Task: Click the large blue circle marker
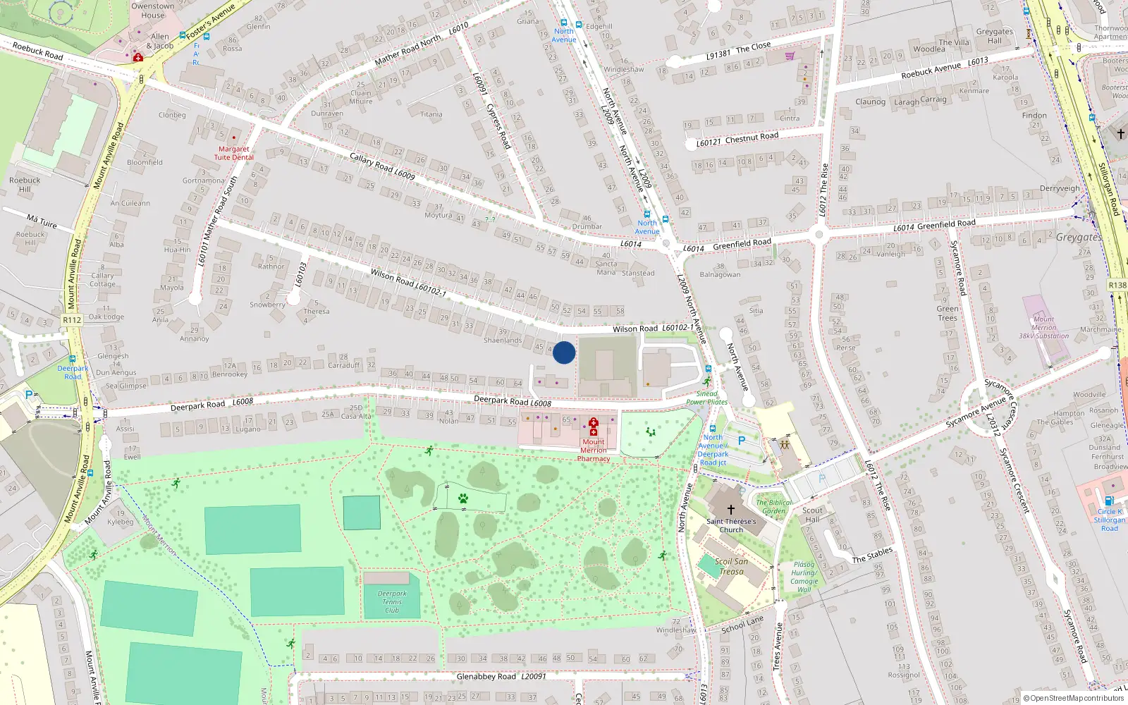[564, 352]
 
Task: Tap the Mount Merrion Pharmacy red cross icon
[593, 423]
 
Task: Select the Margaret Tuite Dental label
[233, 153]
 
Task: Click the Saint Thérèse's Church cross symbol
[731, 509]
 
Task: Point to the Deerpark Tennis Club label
[392, 602]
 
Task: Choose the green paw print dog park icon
[463, 499]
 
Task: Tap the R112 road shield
[72, 320]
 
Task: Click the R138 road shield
[1117, 286]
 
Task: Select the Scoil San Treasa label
[731, 567]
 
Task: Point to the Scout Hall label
[812, 515]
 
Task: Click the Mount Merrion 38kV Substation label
[1043, 328]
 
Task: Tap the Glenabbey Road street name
[486, 677]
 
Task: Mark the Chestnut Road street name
[752, 137]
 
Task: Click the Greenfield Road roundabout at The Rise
[819, 235]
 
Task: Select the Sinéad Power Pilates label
[706, 398]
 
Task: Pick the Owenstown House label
[153, 11]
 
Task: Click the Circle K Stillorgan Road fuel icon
[1109, 501]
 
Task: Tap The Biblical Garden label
[773, 507]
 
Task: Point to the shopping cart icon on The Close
[790, 56]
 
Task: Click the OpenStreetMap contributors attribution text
[1077, 699]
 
